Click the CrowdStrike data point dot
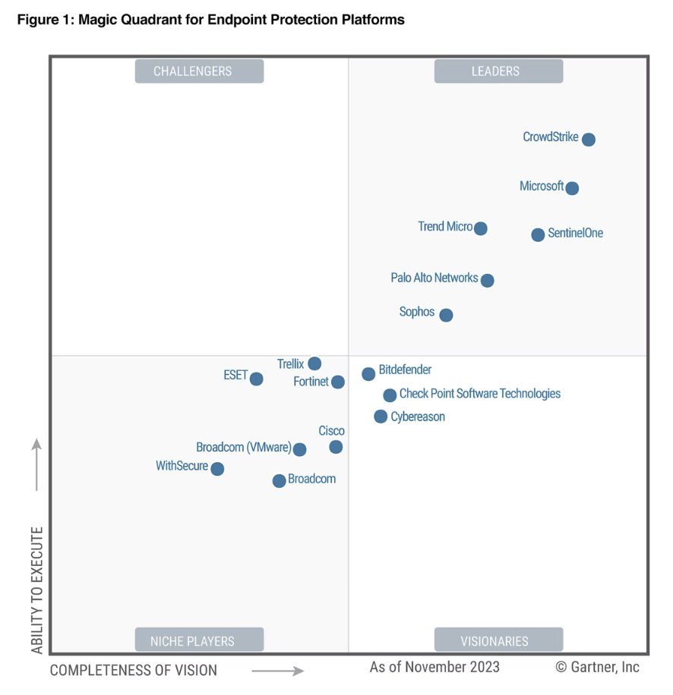point(588,140)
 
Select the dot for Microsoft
point(572,188)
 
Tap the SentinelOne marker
point(538,234)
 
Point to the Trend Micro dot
point(480,228)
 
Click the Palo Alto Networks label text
point(434,278)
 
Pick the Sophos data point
point(446,315)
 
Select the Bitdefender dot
point(368,373)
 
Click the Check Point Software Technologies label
point(479,394)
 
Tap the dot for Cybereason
point(381,416)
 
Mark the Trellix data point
point(314,363)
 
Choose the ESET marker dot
point(257,379)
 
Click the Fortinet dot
point(338,382)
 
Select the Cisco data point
point(336,447)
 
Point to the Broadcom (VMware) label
point(243,448)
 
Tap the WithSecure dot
point(217,469)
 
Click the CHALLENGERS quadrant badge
point(199,71)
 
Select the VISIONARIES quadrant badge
point(498,640)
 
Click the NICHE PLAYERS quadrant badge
point(199,640)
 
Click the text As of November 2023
point(434,667)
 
